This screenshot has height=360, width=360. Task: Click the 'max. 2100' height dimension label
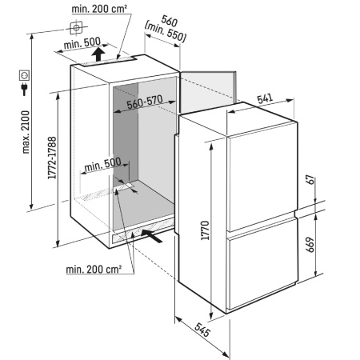26,132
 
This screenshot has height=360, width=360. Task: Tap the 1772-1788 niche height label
52,158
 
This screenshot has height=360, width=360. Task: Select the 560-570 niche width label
145,102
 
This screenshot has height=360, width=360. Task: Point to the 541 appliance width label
265,98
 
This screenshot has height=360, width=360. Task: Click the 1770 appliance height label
206,230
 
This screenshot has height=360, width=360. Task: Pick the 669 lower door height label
310,245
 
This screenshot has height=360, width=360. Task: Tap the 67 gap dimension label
310,180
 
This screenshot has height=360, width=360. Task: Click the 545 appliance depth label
202,330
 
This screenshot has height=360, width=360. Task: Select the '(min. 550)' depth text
165,33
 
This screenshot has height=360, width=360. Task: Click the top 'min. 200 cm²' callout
99,9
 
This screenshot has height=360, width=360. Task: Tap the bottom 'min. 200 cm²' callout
94,270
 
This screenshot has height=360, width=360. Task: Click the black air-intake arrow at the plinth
151,236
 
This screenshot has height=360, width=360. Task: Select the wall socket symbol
24,75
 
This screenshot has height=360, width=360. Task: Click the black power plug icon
24,89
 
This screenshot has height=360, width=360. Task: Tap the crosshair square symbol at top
76,28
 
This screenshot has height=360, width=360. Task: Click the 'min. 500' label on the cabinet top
82,43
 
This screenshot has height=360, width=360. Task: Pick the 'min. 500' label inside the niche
102,165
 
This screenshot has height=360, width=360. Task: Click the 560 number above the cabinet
170,21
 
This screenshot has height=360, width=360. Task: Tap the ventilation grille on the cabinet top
106,62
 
